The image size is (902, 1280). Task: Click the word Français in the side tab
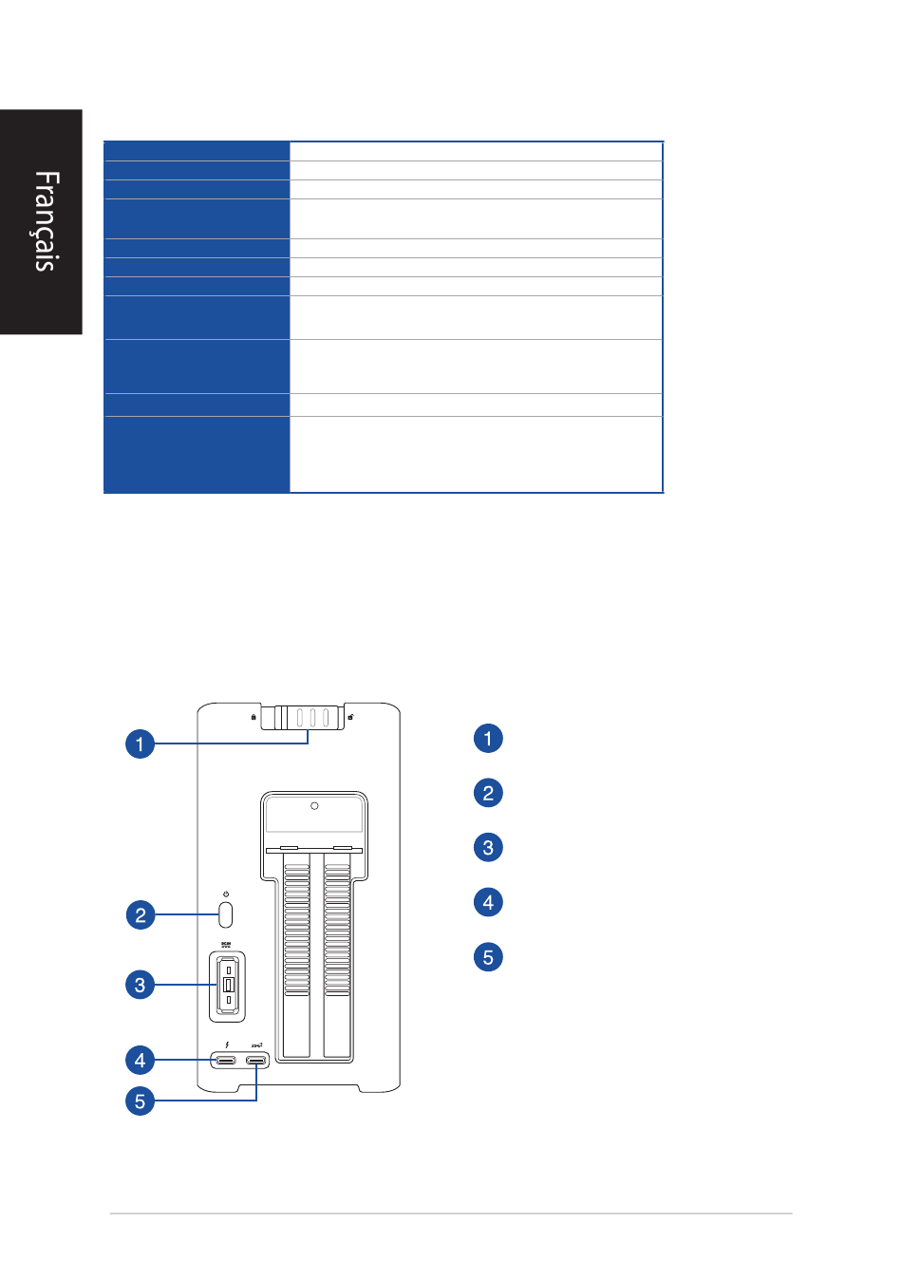tap(46, 221)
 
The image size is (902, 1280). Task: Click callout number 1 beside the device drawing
tap(140, 744)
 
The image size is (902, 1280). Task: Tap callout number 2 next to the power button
tap(140, 915)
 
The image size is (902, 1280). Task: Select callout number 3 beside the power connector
tap(140, 985)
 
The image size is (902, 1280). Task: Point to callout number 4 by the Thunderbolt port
tap(140, 1060)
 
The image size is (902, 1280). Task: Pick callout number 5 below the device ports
tap(140, 1101)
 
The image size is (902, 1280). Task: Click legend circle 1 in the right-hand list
tap(488, 739)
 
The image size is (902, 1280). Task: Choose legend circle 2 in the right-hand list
tap(488, 793)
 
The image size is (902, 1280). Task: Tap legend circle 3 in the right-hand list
tap(488, 848)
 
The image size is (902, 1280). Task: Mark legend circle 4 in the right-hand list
tap(488, 902)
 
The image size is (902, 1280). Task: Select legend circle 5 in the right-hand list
tap(488, 956)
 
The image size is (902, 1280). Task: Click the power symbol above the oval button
tap(226, 894)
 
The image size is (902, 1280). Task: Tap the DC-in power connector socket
tap(228, 986)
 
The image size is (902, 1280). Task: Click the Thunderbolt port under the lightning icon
tap(226, 1061)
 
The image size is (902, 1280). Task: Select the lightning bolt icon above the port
tap(226, 1045)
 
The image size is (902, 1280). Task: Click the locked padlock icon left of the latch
tap(254, 717)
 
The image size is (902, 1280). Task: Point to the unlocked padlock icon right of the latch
tap(351, 717)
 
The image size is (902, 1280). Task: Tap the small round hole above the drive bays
tap(314, 806)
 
